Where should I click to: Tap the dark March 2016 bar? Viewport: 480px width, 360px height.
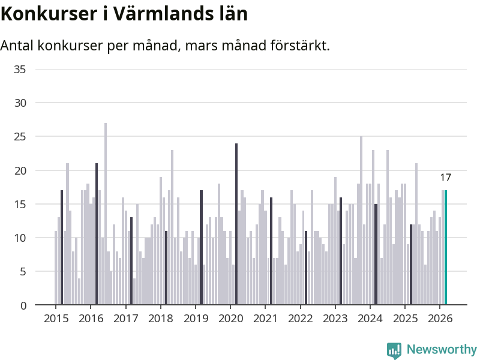click(x=97, y=234)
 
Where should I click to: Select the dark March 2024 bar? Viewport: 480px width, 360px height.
click(x=376, y=254)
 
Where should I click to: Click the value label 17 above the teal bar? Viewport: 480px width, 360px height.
click(x=445, y=178)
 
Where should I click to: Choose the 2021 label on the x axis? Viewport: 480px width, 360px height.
click(x=265, y=318)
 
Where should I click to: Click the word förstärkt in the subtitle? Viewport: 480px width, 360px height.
click(x=298, y=46)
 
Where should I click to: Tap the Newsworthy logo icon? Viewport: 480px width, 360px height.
click(x=394, y=350)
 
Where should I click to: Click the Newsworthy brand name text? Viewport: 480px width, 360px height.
click(x=442, y=350)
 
